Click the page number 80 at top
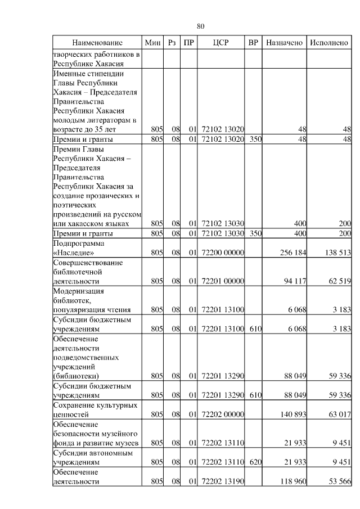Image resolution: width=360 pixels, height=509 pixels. [201, 25]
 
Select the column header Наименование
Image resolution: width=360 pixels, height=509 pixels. [97, 43]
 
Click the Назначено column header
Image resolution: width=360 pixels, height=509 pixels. [285, 43]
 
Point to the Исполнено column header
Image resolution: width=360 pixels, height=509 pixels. [329, 43]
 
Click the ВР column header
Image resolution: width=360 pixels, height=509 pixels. [254, 43]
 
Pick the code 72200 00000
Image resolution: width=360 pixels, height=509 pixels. [222, 253]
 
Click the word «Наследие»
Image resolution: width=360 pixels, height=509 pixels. [73, 253]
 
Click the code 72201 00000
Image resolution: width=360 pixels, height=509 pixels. [222, 281]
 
